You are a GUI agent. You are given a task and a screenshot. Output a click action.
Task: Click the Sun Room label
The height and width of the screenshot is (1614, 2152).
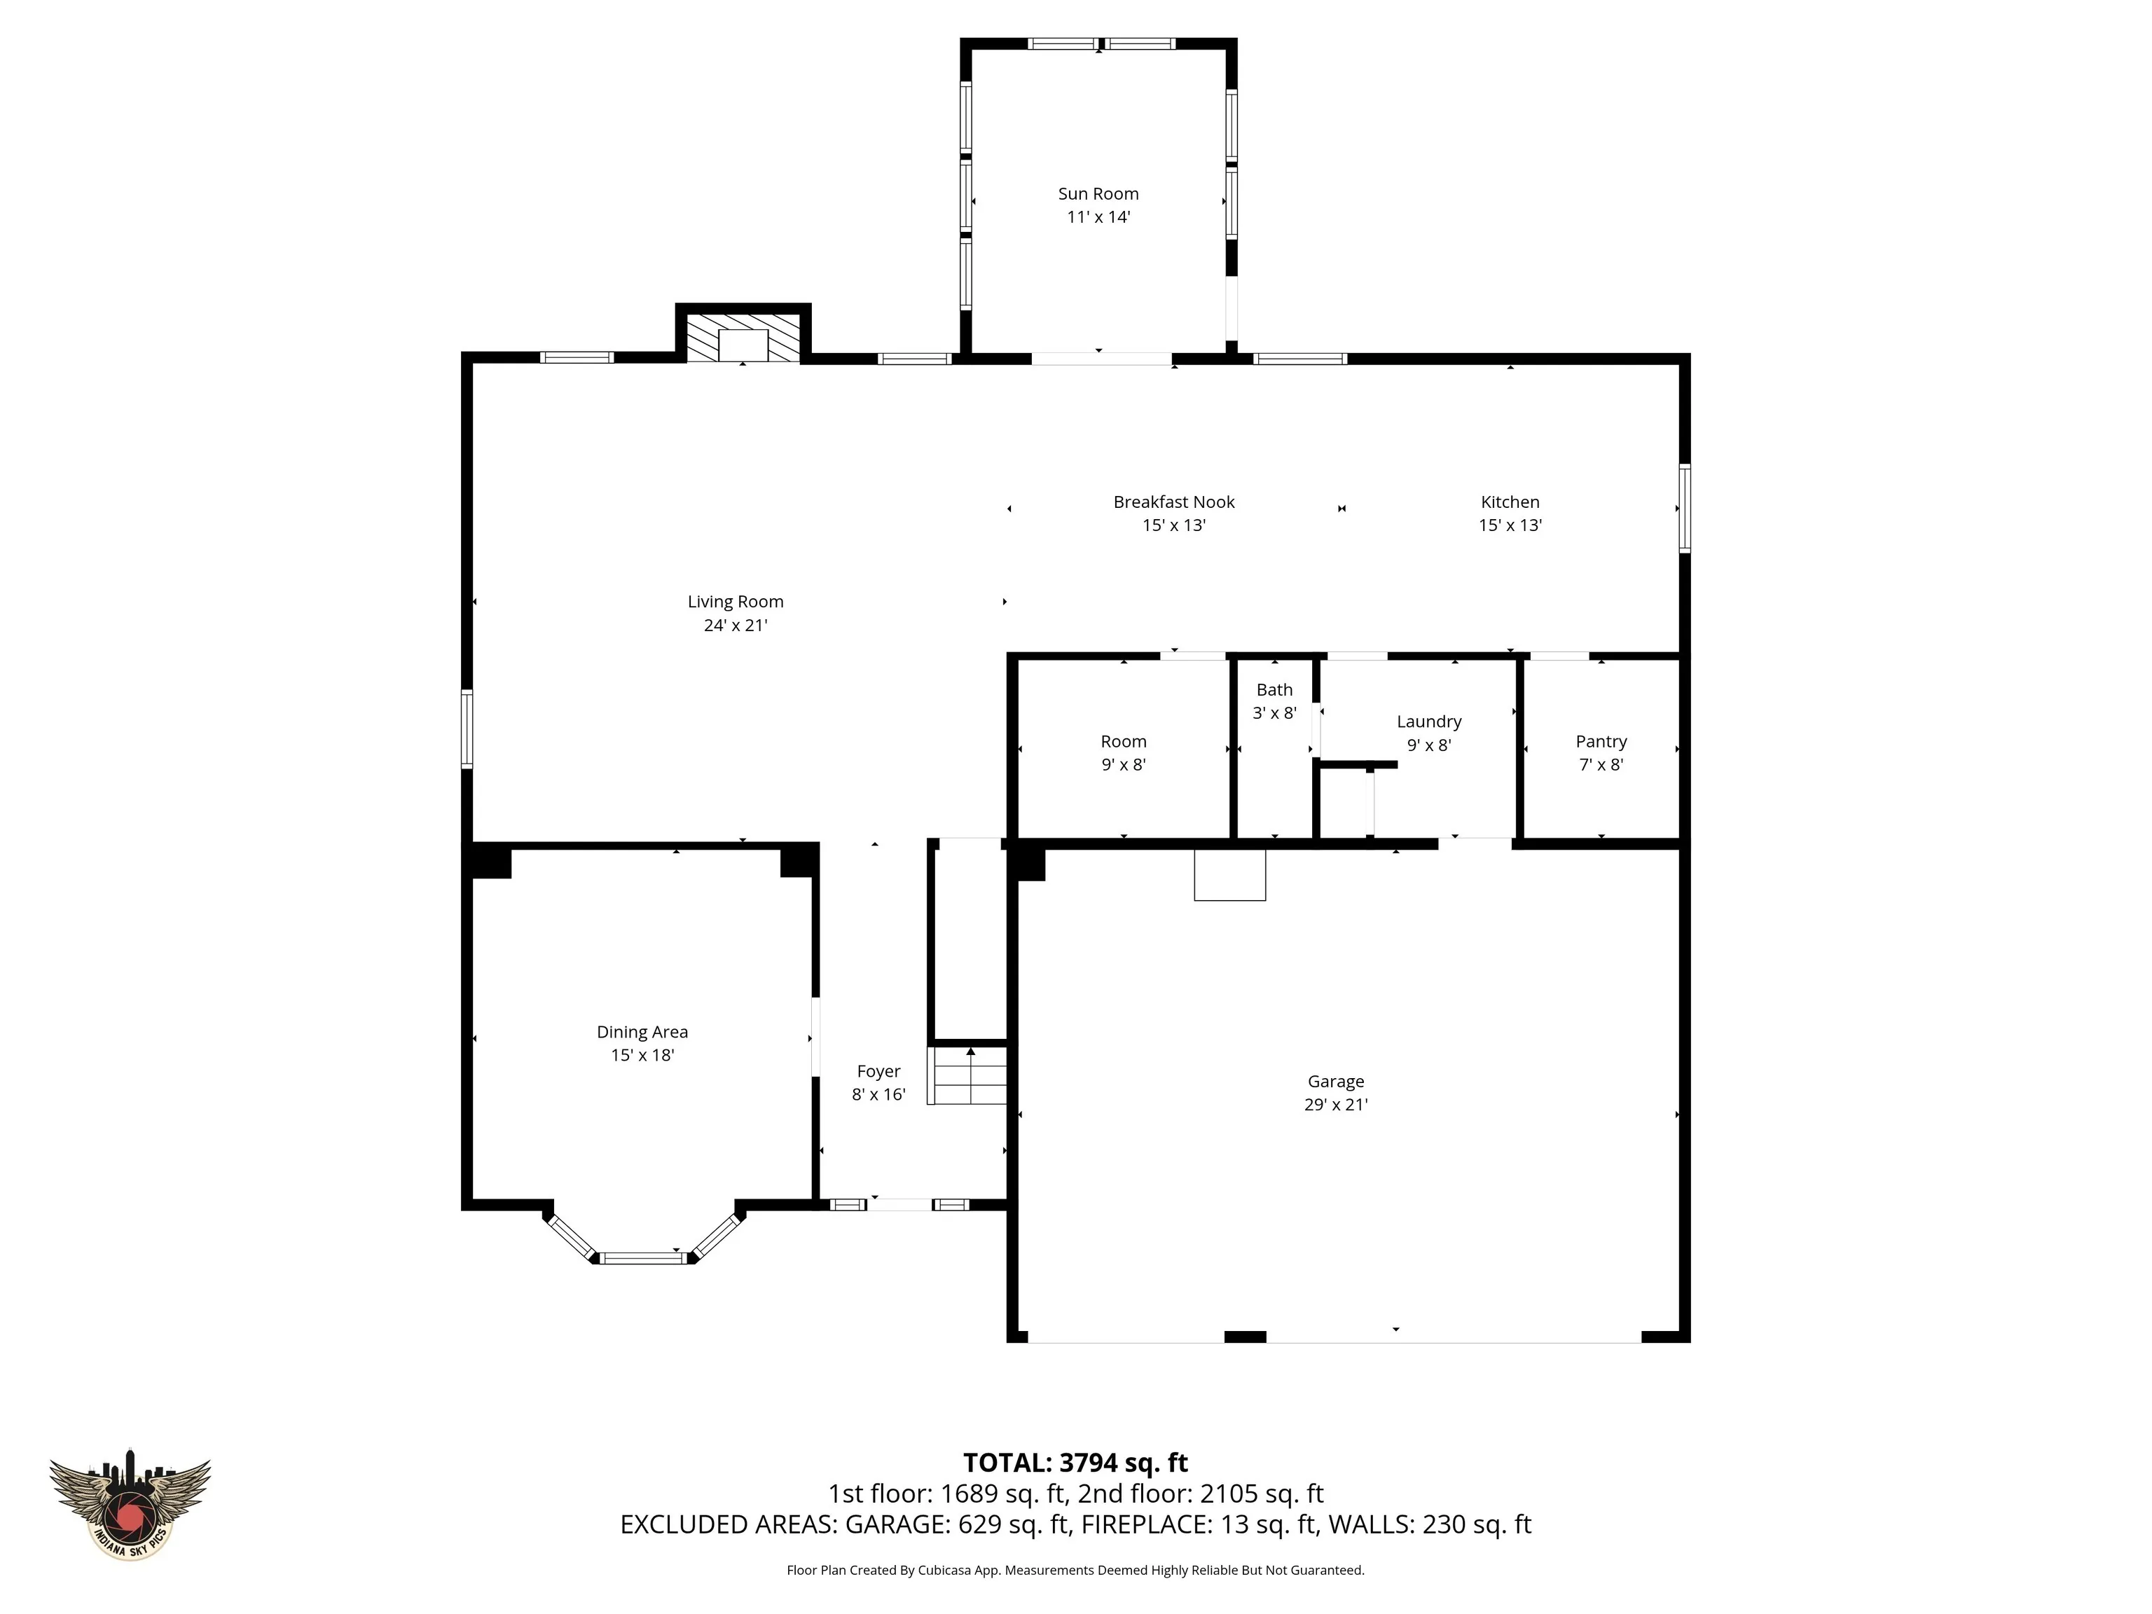1098,193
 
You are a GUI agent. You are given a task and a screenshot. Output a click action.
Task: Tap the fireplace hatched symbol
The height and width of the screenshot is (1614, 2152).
743,338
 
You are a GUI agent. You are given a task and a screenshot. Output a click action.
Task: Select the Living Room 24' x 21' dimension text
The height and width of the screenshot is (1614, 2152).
736,626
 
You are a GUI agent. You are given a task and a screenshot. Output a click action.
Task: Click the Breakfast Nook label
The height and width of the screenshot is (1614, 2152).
1174,502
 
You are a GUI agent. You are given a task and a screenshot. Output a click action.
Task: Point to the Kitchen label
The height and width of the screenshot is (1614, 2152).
1510,502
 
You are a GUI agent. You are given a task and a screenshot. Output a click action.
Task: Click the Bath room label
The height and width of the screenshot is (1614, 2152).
1274,690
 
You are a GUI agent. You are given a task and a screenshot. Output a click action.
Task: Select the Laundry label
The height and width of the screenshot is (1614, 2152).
1429,722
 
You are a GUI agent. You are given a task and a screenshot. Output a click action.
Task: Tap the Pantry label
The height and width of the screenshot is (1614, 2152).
1601,741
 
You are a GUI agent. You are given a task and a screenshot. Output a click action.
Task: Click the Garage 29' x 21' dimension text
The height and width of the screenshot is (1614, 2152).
1336,1104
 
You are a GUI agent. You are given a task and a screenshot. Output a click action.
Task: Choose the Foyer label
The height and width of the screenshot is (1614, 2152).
878,1071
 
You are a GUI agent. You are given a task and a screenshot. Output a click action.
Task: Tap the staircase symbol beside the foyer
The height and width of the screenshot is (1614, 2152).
968,1075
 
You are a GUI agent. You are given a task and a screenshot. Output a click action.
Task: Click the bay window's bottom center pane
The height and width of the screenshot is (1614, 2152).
642,1258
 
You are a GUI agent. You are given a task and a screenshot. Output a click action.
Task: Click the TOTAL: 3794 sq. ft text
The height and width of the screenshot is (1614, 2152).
1075,1462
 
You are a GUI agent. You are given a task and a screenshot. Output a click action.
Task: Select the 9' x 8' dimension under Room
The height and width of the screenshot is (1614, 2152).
1124,765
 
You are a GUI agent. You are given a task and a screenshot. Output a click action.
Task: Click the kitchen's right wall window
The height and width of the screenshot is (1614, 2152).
1685,509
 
